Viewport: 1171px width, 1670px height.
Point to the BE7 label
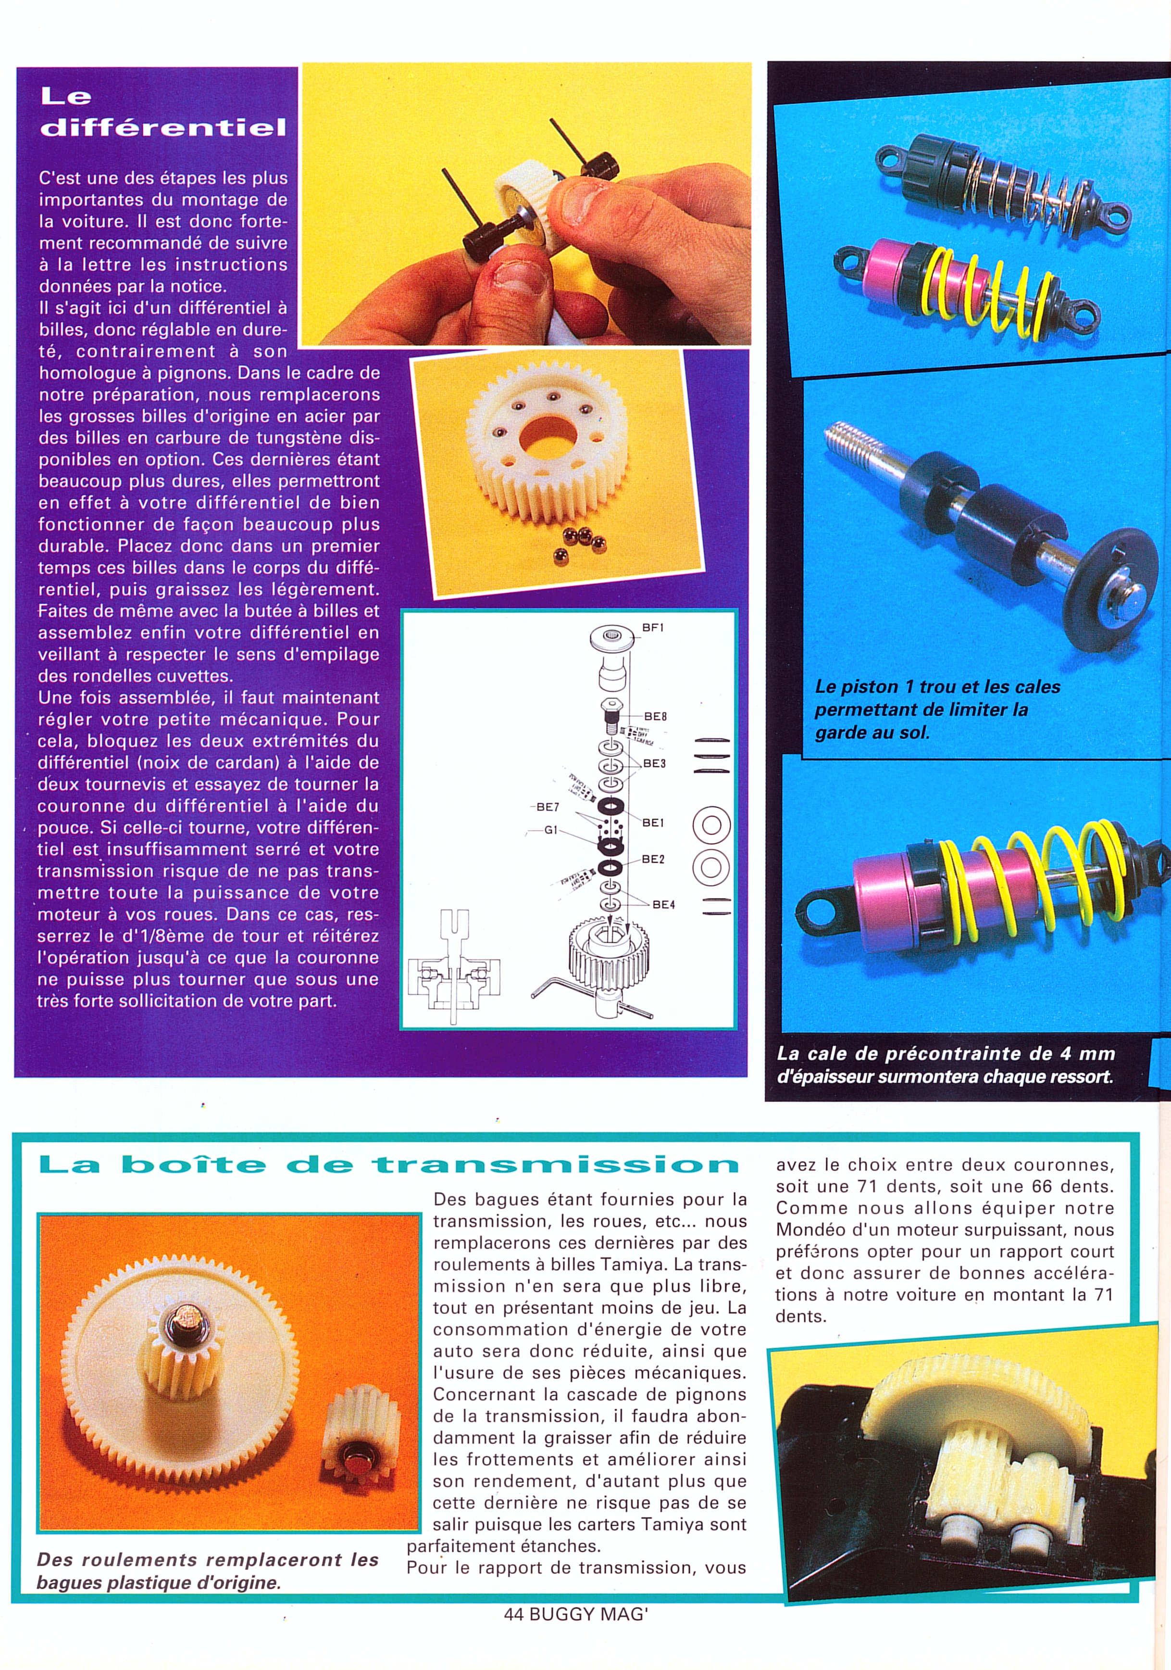(548, 807)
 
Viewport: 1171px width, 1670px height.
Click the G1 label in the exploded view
(551, 829)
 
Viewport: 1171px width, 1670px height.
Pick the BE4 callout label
(663, 904)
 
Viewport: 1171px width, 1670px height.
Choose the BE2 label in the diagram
(653, 859)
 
